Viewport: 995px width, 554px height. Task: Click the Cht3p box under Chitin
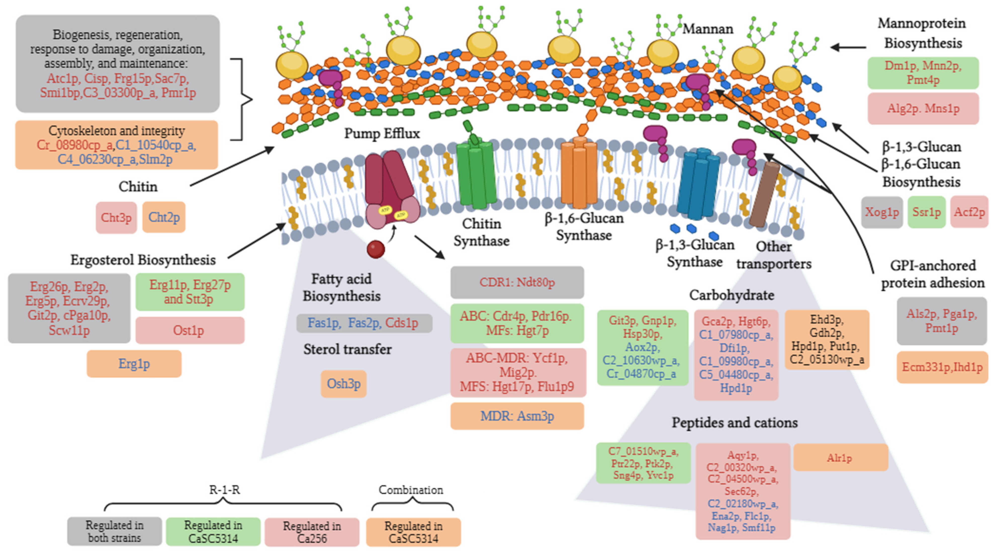tap(116, 217)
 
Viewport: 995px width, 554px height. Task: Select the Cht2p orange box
tap(164, 217)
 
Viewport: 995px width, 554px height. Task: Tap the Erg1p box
tap(134, 363)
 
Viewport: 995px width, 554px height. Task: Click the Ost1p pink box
tap(190, 330)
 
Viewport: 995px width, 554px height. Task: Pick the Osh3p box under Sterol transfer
tap(343, 384)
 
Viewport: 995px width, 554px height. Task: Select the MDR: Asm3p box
tap(517, 416)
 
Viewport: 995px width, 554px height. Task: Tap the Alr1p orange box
tap(840, 457)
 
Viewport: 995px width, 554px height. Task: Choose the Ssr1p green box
tap(926, 212)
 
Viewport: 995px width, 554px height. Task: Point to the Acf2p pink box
tap(969, 212)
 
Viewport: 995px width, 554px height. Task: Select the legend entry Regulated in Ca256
tap(312, 532)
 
